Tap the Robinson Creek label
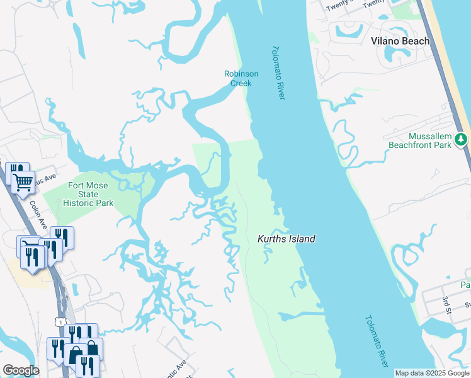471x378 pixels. [241, 78]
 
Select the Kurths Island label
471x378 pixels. [286, 239]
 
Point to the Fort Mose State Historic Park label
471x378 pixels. [88, 194]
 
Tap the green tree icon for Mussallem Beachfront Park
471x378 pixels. [462, 139]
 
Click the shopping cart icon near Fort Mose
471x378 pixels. [23, 182]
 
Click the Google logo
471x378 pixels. [21, 370]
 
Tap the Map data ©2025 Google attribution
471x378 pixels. [432, 374]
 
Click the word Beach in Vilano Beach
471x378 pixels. [417, 41]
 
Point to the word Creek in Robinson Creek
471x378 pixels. [241, 83]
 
